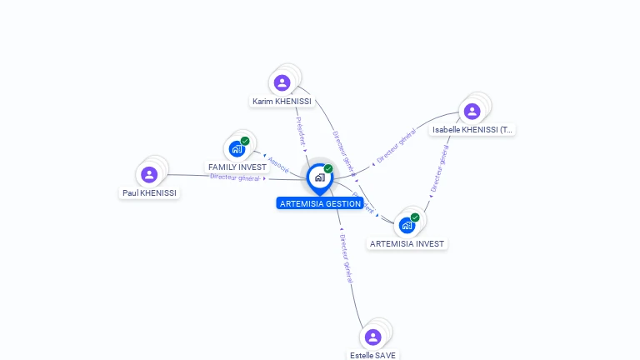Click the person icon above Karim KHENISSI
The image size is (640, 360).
pos(282,82)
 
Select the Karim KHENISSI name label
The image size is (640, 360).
pos(282,102)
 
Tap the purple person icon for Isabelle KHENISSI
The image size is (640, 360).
pos(472,111)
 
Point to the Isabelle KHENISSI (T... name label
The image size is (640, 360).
pos(472,130)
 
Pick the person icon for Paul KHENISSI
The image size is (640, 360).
pos(149,174)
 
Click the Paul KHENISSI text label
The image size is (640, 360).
pos(149,193)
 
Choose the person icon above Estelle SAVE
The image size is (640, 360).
pos(372,337)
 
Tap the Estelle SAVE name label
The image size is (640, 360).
pos(372,355)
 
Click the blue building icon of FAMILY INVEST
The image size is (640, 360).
pos(237,150)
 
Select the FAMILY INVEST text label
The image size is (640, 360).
pos(237,167)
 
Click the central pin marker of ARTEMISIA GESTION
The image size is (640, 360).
pos(319,177)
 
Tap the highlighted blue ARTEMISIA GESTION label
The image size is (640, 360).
pos(320,203)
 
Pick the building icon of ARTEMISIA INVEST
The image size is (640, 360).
pos(407,225)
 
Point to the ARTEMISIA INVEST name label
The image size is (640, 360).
pos(407,244)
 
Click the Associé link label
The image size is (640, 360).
pos(278,164)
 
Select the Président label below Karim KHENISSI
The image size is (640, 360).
pos(300,131)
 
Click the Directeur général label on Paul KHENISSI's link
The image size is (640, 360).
pos(235,177)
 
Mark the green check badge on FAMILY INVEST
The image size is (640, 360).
pos(245,141)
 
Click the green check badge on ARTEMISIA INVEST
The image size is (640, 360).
pos(415,217)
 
